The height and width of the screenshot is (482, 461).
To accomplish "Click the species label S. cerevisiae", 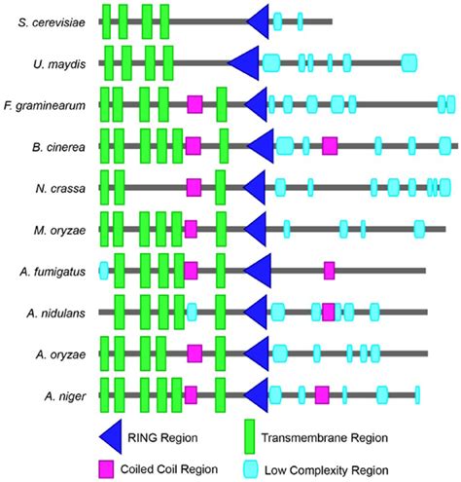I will coord(49,20).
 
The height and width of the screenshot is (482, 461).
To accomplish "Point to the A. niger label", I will coord(62,395).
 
